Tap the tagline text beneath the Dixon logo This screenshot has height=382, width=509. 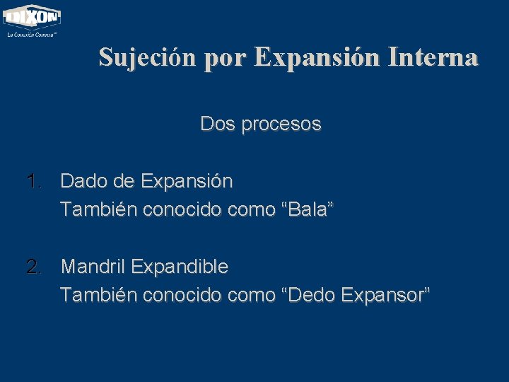tap(32, 33)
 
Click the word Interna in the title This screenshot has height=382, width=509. tap(434, 57)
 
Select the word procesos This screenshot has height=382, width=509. tap(281, 125)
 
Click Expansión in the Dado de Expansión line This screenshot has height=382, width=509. tap(187, 182)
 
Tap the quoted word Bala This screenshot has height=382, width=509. tap(308, 209)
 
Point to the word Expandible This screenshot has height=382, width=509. tap(180, 267)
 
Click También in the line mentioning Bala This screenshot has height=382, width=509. tap(98, 209)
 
